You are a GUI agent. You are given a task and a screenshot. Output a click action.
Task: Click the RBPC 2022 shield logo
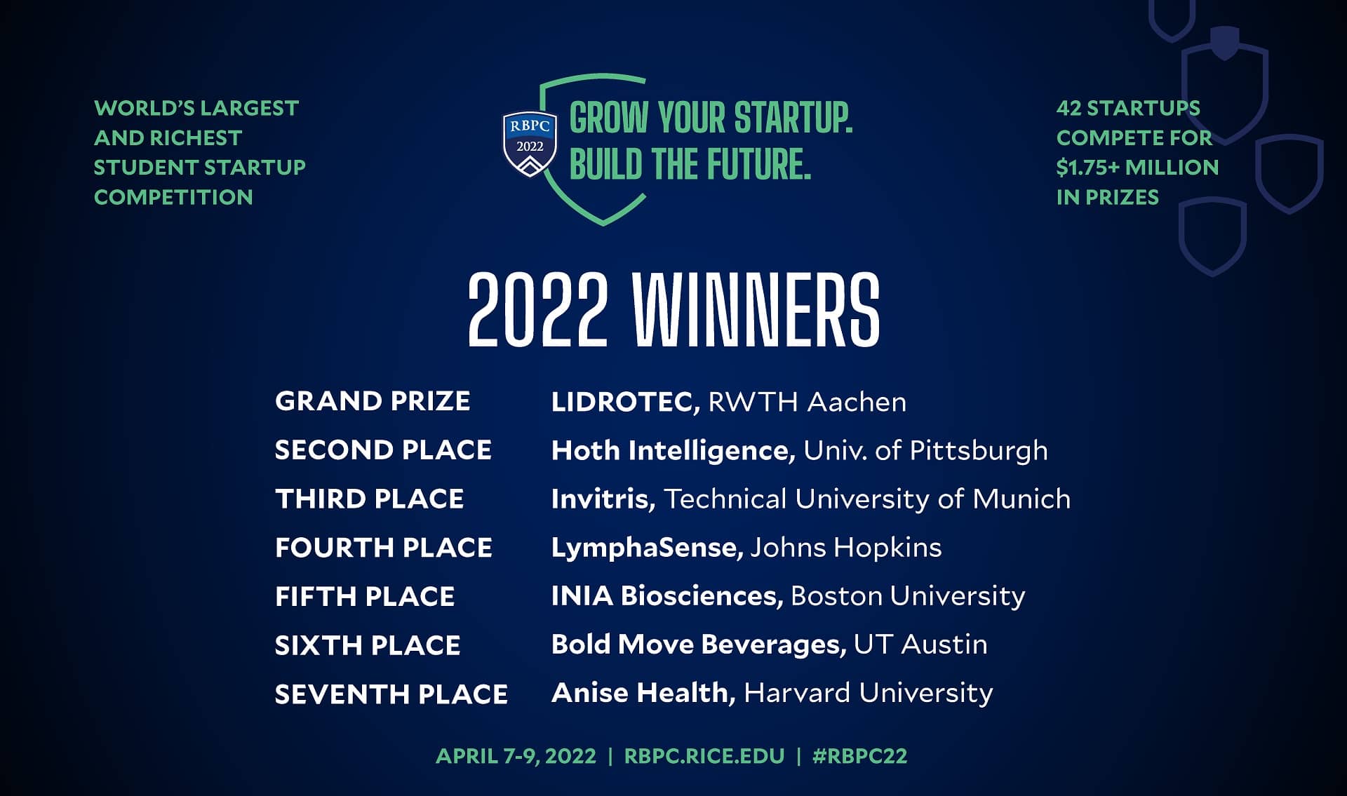pos(530,144)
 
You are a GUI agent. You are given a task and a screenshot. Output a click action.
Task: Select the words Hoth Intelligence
pos(673,450)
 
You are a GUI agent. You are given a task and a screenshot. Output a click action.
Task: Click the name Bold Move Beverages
pos(698,644)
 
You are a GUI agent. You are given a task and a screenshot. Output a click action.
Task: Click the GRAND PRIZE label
pos(373,401)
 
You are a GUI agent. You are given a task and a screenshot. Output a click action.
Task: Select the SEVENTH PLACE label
pos(391,694)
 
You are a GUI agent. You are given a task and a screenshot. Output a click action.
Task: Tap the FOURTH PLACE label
pos(383,548)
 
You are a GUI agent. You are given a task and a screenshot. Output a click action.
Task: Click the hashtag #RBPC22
pos(859,756)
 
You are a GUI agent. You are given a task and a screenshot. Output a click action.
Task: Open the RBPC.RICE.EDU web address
pos(704,756)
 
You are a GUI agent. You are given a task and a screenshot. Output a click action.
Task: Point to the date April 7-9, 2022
pos(516,756)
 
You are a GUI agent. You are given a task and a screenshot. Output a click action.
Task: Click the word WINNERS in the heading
pos(756,310)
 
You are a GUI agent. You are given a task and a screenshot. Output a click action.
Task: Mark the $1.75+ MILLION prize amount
pos(1137,168)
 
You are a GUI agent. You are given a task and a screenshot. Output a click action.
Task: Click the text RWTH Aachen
pos(807,402)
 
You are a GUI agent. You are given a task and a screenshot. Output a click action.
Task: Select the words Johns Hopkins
pos(845,547)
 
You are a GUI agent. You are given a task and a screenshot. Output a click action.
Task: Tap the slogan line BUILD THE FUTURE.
pos(690,164)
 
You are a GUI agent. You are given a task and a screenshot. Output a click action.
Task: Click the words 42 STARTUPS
pos(1128,108)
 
